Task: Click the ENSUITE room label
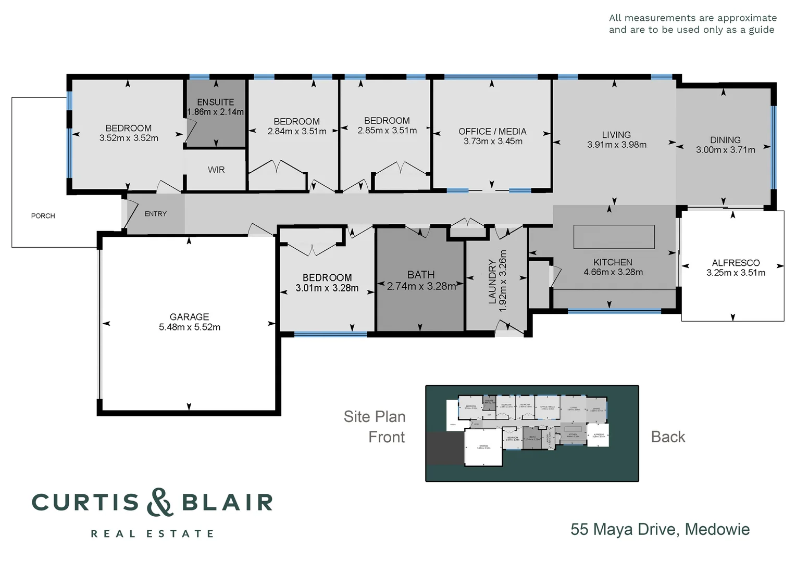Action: (x=215, y=102)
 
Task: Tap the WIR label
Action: (x=216, y=170)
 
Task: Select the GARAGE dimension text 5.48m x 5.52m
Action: (x=190, y=327)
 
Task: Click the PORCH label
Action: (x=43, y=216)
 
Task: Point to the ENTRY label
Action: (x=155, y=214)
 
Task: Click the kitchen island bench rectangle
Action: (x=614, y=237)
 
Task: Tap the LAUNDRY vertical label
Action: (x=492, y=281)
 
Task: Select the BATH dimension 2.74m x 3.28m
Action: (x=421, y=286)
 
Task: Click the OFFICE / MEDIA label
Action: (x=492, y=132)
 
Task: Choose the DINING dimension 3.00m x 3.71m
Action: (x=725, y=150)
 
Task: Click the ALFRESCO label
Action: (x=736, y=263)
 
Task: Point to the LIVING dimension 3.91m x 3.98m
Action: (x=616, y=145)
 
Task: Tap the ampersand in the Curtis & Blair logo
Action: (x=159, y=502)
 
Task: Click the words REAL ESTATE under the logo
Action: (x=152, y=534)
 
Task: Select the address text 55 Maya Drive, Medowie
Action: (x=660, y=529)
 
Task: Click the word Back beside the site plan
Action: (x=668, y=437)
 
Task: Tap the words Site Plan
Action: (x=374, y=417)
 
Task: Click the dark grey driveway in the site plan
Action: (x=445, y=448)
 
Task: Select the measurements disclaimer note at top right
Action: (x=692, y=24)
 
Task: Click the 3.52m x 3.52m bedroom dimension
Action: (x=129, y=138)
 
